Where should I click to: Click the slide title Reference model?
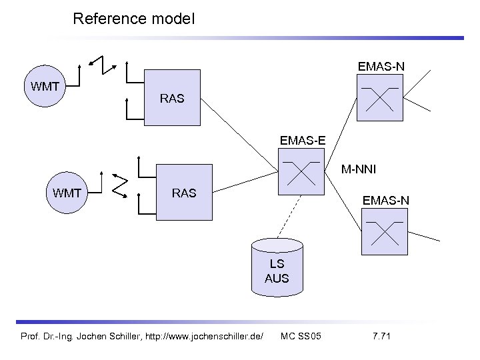pos(133,19)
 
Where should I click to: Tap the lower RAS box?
pos(184,193)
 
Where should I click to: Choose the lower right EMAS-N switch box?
pos(384,231)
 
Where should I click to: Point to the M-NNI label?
pos(358,169)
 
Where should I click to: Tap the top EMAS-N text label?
pos(381,66)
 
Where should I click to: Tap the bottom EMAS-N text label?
pos(385,199)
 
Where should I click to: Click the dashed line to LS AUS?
pos(289,215)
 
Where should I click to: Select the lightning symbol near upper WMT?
pos(103,63)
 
